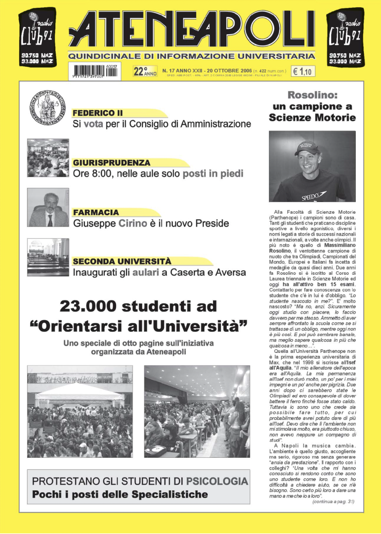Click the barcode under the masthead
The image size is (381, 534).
(95, 71)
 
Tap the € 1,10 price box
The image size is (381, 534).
(303, 71)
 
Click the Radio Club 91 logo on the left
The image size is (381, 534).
(37, 37)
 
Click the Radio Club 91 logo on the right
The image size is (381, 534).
(345, 37)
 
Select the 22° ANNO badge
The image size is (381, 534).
(145, 71)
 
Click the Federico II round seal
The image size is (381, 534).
(47, 108)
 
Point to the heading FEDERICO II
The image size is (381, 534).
(97, 113)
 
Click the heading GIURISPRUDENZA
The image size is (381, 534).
(111, 163)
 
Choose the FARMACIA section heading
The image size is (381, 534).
(96, 212)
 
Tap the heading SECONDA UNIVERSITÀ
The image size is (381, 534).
(122, 261)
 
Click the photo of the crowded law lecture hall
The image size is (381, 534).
(48, 158)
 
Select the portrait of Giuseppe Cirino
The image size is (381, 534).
(48, 207)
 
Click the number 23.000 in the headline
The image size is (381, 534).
(88, 306)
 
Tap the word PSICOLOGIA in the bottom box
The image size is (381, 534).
(217, 481)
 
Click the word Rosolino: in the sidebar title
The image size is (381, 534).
(313, 95)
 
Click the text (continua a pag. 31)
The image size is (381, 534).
(333, 502)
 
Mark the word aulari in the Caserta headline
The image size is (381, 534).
(146, 273)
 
